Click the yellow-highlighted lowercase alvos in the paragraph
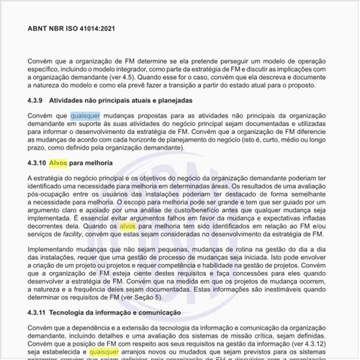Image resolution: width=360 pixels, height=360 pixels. point(127,226)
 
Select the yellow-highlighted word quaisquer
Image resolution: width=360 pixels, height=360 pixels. point(105,352)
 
